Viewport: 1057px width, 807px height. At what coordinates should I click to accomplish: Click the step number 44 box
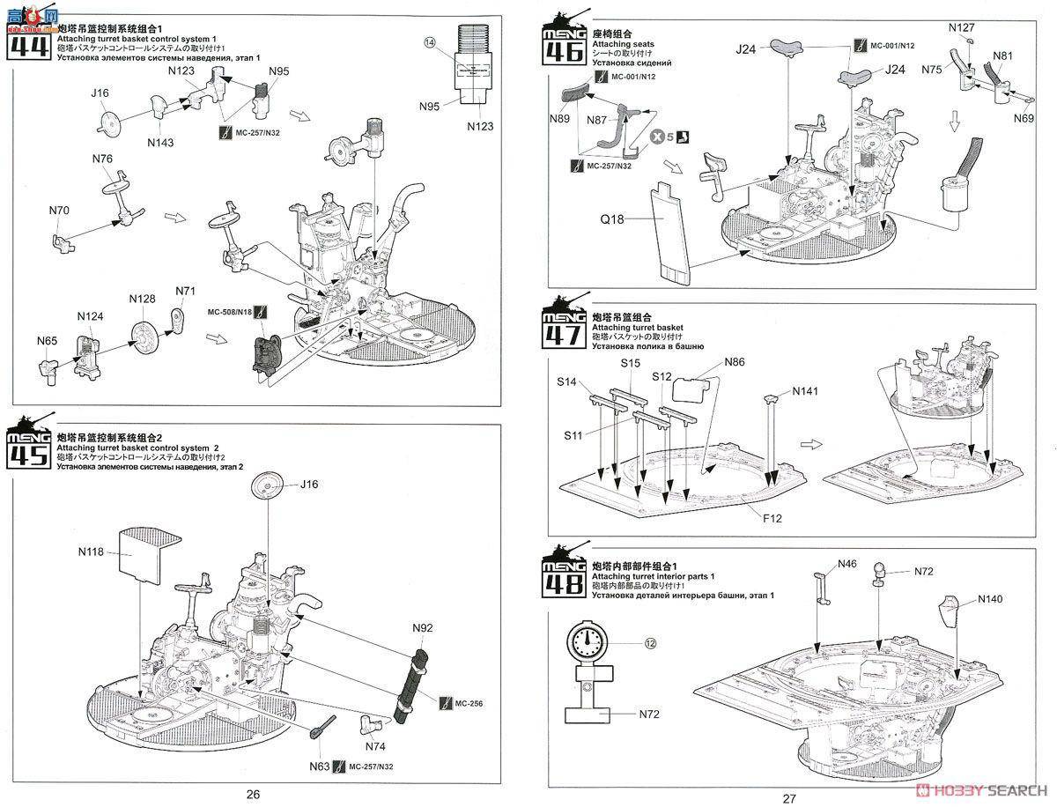[x=27, y=44]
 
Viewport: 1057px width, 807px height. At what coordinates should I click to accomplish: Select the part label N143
[x=160, y=142]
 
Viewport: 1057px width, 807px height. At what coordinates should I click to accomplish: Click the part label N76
[x=102, y=159]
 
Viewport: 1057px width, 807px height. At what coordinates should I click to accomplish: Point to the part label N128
[x=143, y=299]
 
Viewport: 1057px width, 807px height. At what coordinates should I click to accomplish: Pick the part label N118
[x=91, y=552]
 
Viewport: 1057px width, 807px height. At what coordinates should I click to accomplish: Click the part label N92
[x=423, y=628]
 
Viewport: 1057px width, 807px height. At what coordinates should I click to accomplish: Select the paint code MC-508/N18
[x=230, y=312]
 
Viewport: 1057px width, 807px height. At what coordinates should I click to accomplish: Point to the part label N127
[x=962, y=27]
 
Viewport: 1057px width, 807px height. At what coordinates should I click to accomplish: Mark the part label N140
[x=990, y=600]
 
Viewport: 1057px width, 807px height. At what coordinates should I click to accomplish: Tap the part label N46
[x=846, y=564]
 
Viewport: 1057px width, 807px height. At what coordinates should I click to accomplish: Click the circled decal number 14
[x=430, y=41]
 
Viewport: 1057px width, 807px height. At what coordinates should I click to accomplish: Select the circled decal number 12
[x=650, y=643]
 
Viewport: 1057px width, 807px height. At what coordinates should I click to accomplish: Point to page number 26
[x=253, y=794]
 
